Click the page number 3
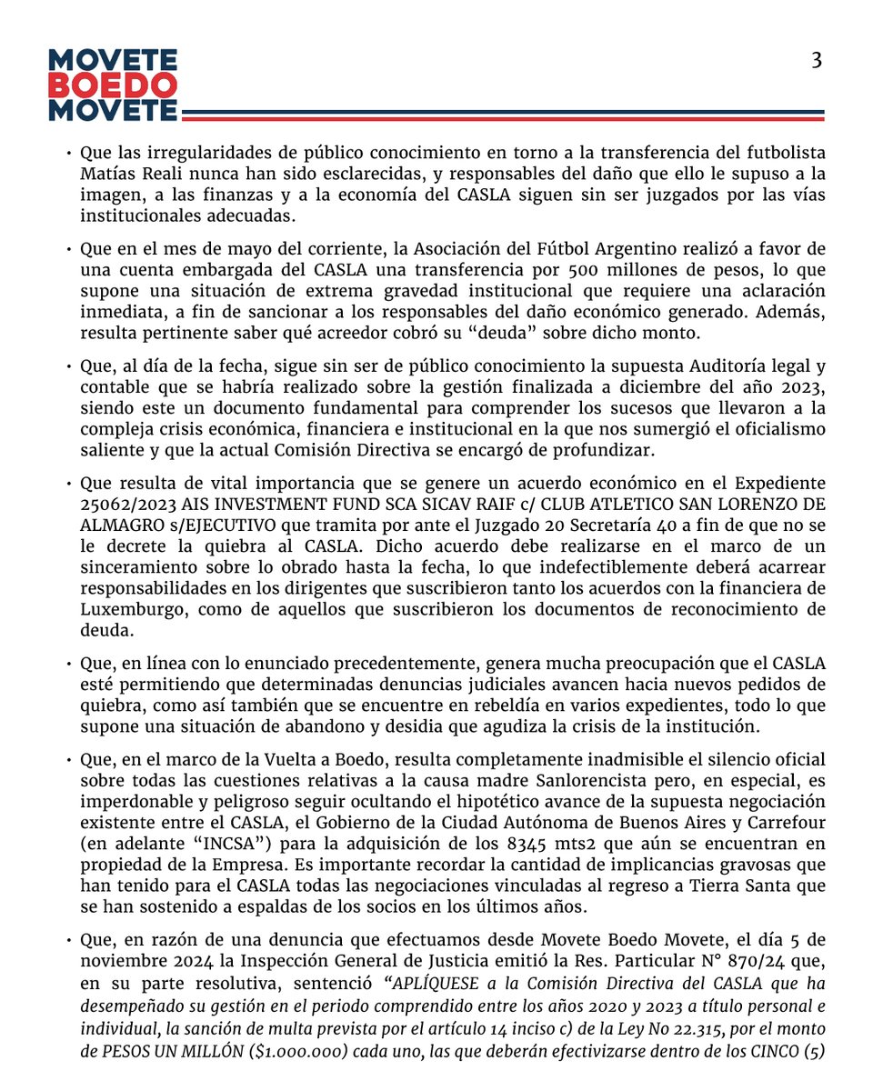817,61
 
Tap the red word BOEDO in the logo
113,86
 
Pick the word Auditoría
713,366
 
